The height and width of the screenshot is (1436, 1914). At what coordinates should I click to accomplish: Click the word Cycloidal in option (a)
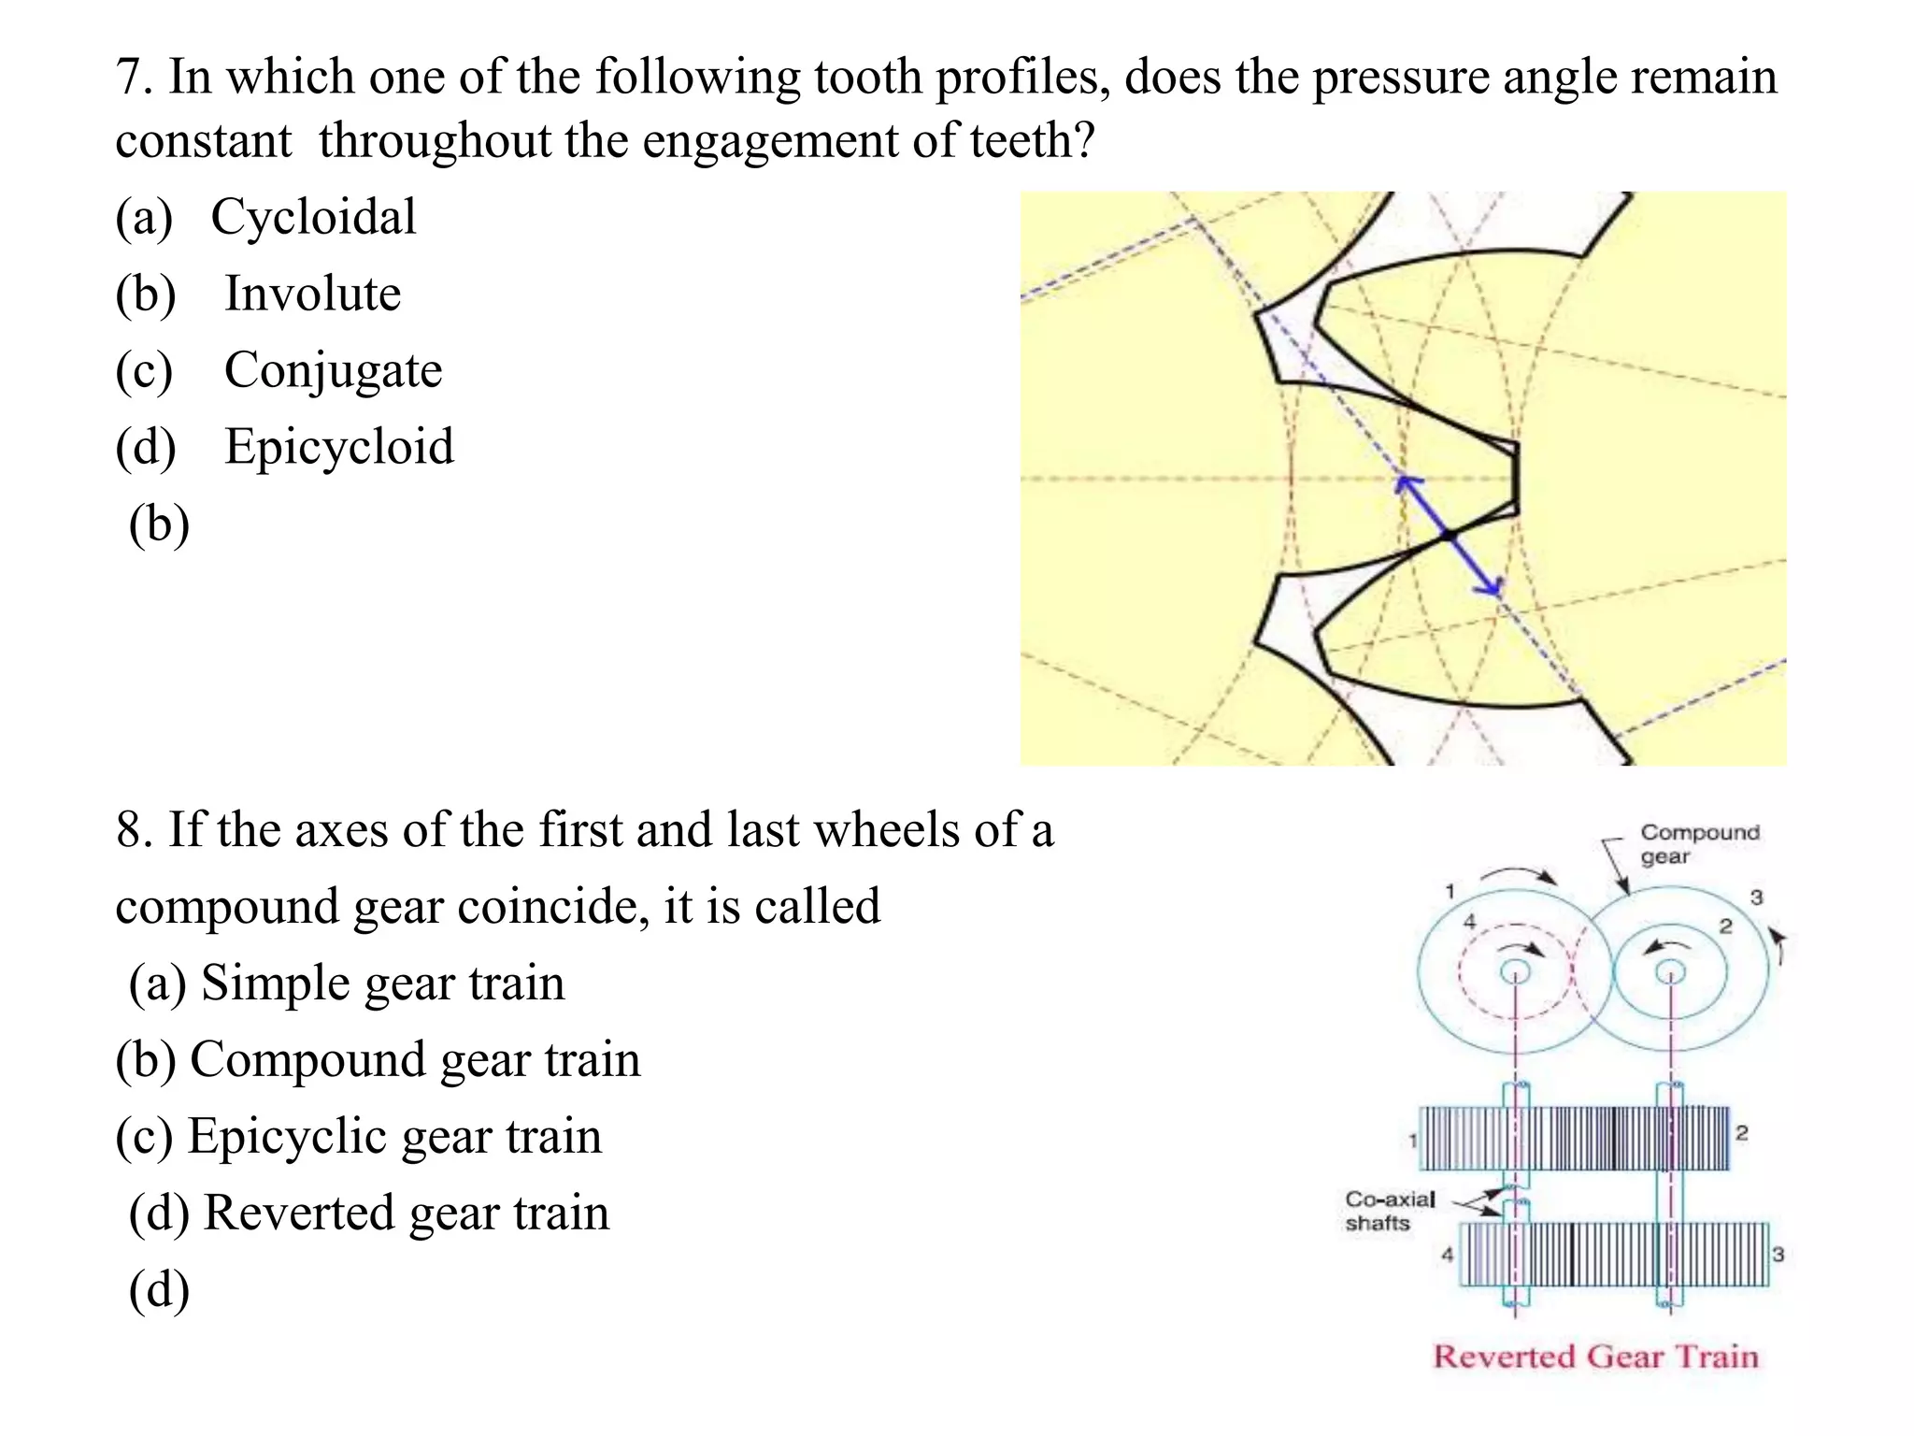click(313, 218)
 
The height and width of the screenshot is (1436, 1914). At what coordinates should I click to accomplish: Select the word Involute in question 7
click(312, 294)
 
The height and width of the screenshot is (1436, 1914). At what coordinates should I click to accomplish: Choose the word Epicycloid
click(338, 447)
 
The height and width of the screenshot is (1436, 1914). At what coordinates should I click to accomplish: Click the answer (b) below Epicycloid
click(159, 524)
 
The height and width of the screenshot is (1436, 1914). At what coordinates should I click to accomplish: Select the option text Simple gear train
click(382, 984)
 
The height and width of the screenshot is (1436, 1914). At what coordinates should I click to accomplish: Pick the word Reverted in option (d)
click(298, 1213)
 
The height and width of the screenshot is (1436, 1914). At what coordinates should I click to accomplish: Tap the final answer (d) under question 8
click(159, 1290)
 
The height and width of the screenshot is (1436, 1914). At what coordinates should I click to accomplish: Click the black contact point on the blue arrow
click(1448, 536)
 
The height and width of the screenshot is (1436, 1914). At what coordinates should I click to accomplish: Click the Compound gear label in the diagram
click(1698, 844)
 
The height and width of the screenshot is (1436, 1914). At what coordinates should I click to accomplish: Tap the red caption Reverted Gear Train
click(1595, 1357)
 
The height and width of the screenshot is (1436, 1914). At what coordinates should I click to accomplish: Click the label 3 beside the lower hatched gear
click(1778, 1255)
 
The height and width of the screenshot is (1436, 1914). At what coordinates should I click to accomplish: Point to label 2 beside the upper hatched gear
click(1741, 1133)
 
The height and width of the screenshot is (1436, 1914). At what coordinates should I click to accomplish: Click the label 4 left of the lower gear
click(1447, 1255)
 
